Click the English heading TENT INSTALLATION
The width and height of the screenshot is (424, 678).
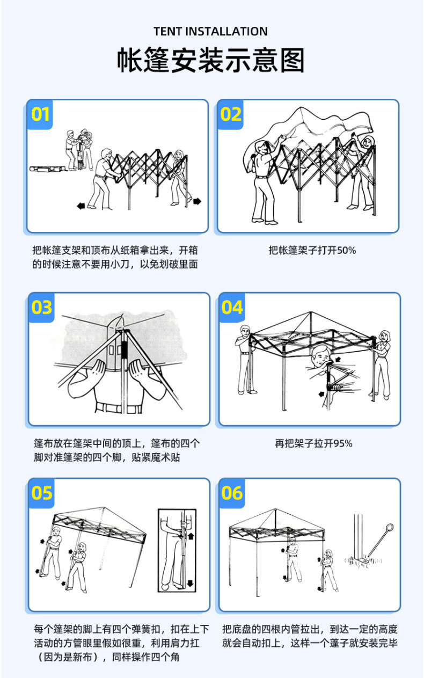click(211, 32)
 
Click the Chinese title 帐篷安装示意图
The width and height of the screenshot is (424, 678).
click(211, 60)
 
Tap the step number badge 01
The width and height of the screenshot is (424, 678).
click(40, 114)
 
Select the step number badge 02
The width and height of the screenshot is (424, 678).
click(231, 114)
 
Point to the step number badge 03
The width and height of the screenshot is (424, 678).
click(41, 307)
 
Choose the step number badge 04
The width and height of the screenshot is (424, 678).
click(232, 307)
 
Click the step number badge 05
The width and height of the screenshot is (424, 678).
click(41, 493)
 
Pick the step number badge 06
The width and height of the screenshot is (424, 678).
click(232, 493)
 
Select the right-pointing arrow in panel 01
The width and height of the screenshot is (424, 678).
click(197, 201)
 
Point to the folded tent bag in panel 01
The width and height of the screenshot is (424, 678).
click(47, 169)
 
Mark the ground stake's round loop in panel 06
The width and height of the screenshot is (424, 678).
click(389, 527)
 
